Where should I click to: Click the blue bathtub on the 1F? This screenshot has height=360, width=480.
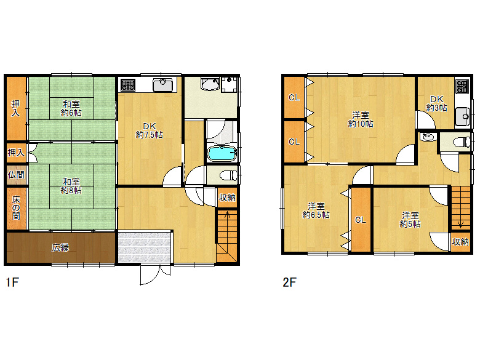click(222, 153)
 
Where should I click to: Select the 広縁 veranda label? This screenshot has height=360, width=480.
click(60, 247)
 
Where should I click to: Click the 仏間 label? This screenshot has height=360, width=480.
click(16, 175)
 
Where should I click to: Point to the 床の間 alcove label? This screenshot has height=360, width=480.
click(16, 208)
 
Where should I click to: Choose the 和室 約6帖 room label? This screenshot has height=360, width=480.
click(71, 108)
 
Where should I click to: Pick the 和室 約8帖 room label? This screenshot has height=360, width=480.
click(71, 186)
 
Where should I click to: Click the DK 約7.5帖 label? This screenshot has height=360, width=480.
click(150, 130)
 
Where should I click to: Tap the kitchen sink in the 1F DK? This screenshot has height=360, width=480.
click(163, 85)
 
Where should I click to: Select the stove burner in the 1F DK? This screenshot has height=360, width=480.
click(128, 85)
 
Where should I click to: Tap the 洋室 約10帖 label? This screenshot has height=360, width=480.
click(360, 119)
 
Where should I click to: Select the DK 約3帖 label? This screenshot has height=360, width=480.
click(437, 103)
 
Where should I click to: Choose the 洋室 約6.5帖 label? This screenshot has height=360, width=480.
click(316, 210)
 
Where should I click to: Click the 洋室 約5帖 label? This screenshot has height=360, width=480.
click(410, 220)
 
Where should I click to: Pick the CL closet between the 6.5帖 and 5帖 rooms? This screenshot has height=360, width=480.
click(360, 220)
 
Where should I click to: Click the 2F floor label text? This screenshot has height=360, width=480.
click(289, 282)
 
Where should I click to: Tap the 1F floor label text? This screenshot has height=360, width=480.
click(12, 282)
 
